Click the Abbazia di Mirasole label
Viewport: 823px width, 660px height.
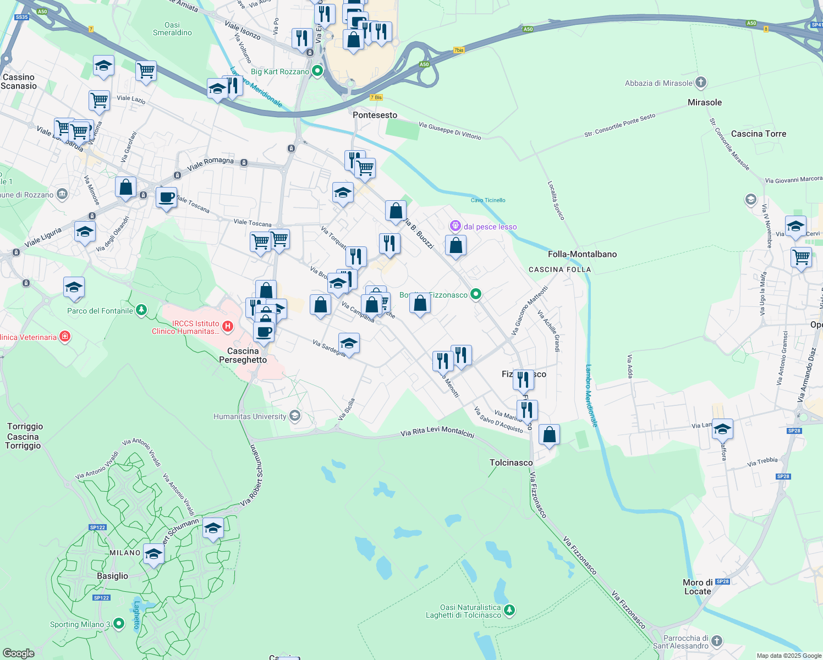click(x=659, y=83)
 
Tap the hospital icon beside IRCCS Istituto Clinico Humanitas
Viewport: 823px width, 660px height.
click(x=228, y=327)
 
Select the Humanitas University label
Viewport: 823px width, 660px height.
click(x=250, y=416)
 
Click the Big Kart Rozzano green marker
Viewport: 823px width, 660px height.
click(x=317, y=71)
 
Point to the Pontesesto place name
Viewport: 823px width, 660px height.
click(x=375, y=115)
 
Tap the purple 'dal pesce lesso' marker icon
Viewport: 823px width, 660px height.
click(x=455, y=226)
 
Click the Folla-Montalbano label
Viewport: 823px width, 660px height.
click(x=582, y=254)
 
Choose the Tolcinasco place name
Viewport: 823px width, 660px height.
click(x=511, y=463)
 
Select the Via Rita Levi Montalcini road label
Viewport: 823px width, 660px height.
click(x=437, y=432)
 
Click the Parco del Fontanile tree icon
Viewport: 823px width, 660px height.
click(x=141, y=311)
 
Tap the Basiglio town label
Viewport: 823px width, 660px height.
click(x=112, y=576)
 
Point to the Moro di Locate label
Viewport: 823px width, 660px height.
click(x=698, y=587)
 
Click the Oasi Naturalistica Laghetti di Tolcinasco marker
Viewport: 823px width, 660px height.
click(x=510, y=610)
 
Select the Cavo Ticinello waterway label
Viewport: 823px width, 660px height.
click(x=488, y=200)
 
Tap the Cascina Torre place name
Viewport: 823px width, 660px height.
click(x=758, y=134)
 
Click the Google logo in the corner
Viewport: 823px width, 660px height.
click(x=19, y=653)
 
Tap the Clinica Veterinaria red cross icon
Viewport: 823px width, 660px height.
click(x=65, y=337)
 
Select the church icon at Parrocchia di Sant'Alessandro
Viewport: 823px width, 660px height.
click(x=716, y=641)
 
